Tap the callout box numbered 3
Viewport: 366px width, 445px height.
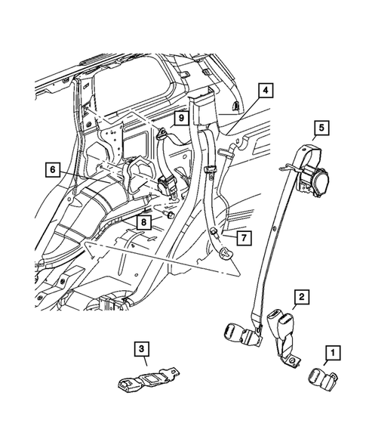(x=140, y=349)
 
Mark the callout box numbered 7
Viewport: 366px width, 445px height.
(x=245, y=238)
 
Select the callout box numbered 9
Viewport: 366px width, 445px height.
(x=182, y=119)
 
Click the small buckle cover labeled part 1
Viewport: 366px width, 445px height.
(x=320, y=377)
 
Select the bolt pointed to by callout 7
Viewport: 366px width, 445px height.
(x=214, y=233)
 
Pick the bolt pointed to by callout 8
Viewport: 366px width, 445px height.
(x=171, y=216)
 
